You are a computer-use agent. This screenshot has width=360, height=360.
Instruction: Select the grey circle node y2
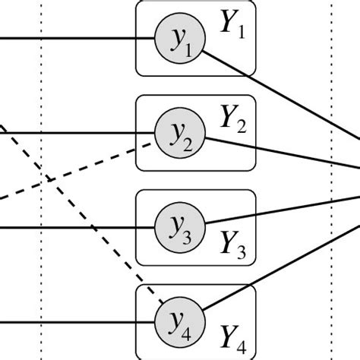(179, 134)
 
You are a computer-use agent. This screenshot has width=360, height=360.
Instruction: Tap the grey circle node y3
(179, 226)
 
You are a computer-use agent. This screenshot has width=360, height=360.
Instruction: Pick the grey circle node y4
(179, 318)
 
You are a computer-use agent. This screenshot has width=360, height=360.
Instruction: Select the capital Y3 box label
(231, 243)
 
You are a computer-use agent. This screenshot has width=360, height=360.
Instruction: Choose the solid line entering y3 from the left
(76, 226)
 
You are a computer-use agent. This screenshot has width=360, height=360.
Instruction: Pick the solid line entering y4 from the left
(76, 319)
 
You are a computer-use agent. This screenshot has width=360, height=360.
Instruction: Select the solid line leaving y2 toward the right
(281, 152)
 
